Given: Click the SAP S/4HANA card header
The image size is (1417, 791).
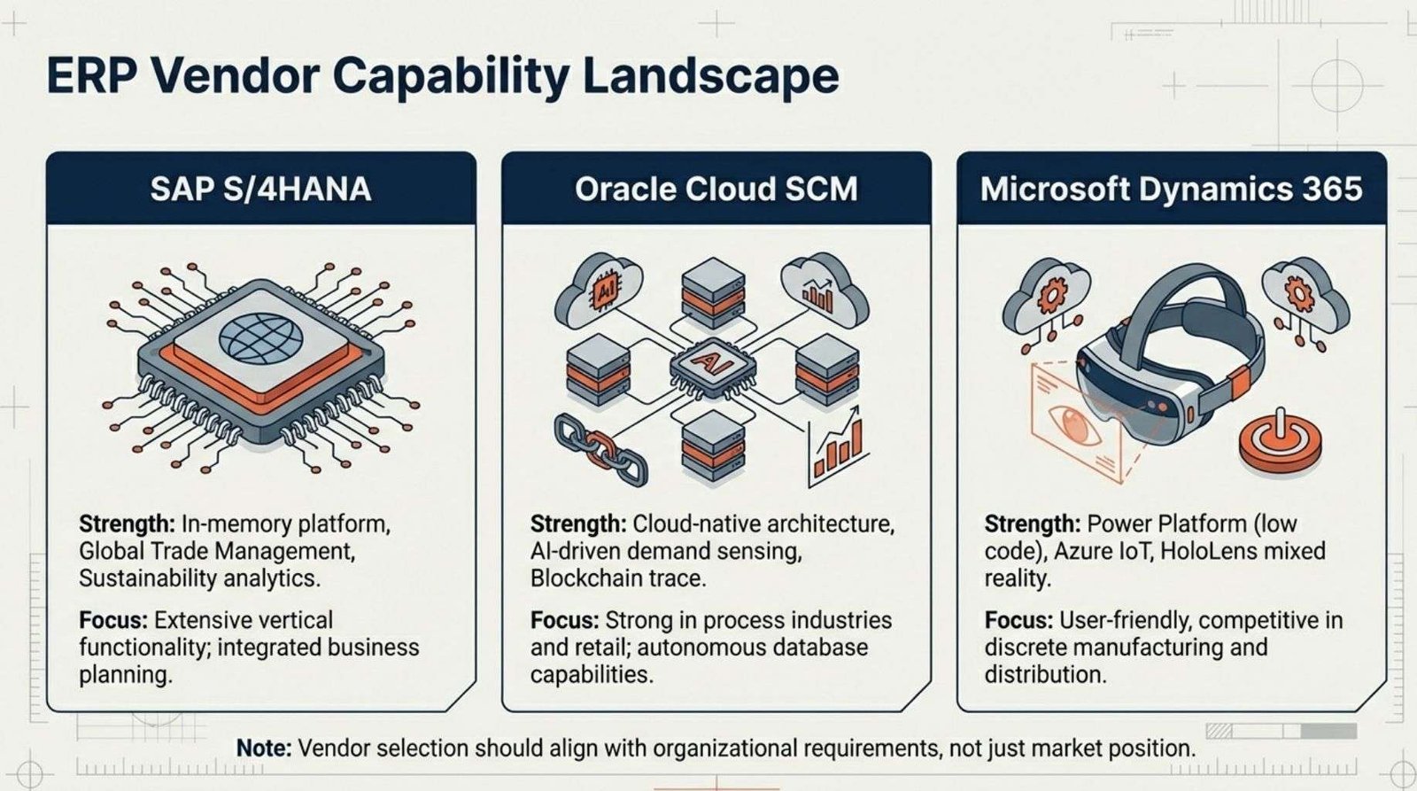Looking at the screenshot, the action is tap(260, 189).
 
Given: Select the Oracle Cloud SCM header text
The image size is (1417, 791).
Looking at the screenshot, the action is tap(716, 190).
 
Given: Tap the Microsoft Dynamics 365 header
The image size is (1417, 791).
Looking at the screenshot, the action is tap(1172, 189).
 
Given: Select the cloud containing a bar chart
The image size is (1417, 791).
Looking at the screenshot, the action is tap(825, 291).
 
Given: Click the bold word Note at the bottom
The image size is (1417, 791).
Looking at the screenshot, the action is tap(264, 748).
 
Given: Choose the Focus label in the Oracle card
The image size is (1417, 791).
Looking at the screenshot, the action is tap(564, 620).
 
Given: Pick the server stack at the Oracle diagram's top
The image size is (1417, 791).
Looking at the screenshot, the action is tap(714, 292).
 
